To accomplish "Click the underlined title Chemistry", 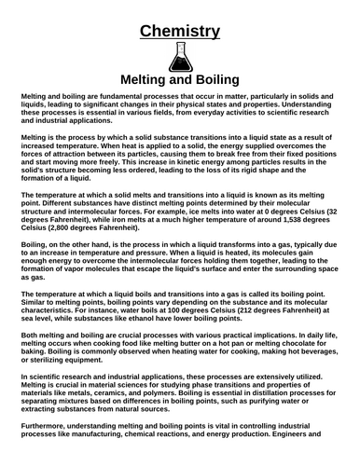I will (x=180, y=32).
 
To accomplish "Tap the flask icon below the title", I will (x=180, y=58).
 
